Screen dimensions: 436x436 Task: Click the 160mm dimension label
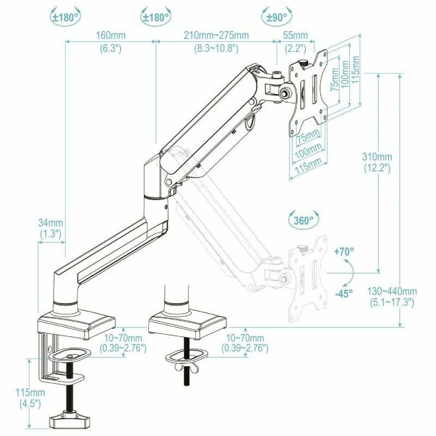(110, 36)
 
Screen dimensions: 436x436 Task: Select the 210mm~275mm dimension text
(216, 36)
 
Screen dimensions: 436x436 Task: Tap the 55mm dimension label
(296, 36)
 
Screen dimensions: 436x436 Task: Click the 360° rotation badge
(304, 220)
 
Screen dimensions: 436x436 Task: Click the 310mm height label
(377, 157)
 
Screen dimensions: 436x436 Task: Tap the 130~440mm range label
(391, 291)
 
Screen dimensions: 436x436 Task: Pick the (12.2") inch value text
(377, 168)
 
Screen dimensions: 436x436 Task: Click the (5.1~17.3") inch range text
(391, 302)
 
